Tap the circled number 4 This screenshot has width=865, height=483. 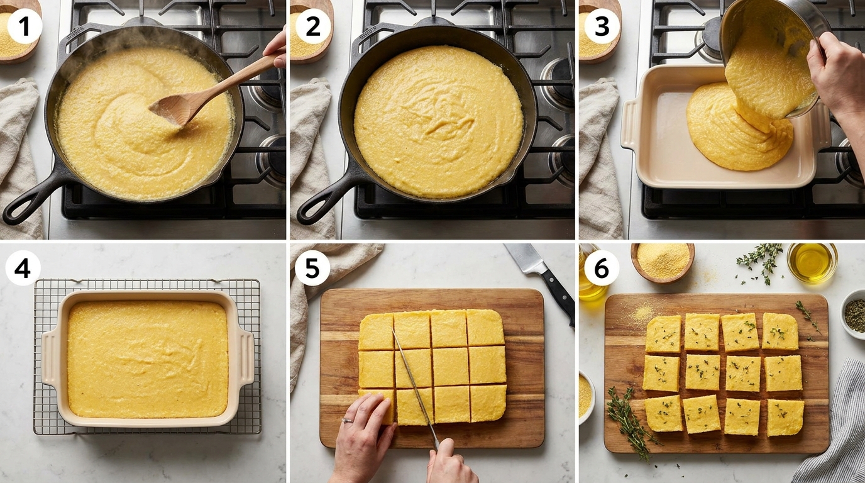pyautogui.click(x=23, y=269)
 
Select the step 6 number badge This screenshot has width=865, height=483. pyautogui.click(x=601, y=269)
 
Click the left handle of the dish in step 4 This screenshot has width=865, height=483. pyautogui.click(x=48, y=358)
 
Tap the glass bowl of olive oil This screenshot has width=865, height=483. pyautogui.click(x=812, y=262)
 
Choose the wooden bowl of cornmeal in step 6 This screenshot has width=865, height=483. pyautogui.click(x=663, y=262)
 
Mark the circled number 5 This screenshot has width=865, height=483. pyautogui.click(x=312, y=269)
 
